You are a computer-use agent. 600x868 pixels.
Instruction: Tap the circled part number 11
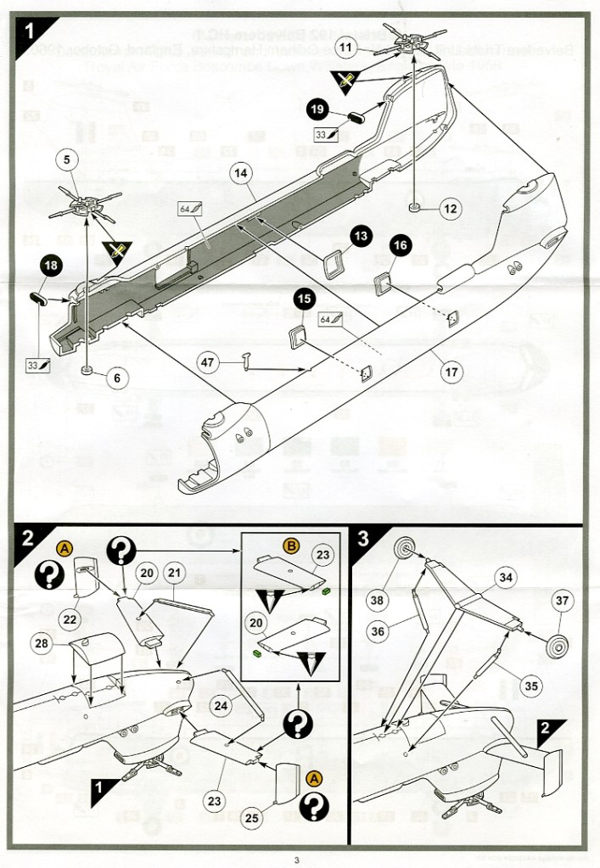(345, 48)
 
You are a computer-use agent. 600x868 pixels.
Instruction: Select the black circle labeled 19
(317, 109)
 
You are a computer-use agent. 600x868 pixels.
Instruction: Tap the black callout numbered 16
(401, 246)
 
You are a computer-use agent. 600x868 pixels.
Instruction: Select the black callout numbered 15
(305, 299)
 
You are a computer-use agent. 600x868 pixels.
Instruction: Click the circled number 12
(450, 208)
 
